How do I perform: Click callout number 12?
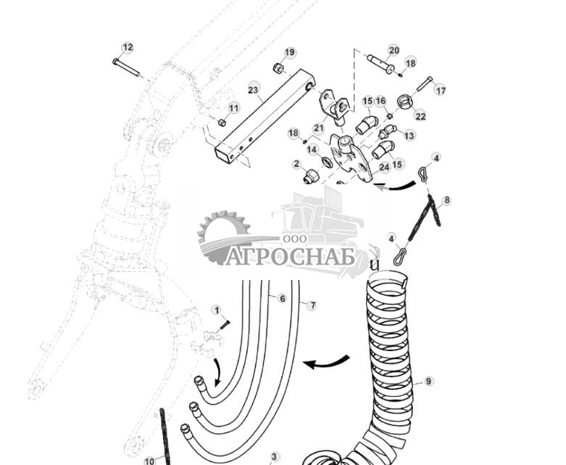pyautogui.click(x=128, y=48)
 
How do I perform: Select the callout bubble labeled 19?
pyautogui.click(x=290, y=52)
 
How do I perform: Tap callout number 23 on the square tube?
pyautogui.click(x=254, y=89)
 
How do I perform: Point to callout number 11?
pyautogui.click(x=233, y=108)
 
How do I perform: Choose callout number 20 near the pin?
pyautogui.click(x=394, y=50)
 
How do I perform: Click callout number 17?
pyautogui.click(x=440, y=91)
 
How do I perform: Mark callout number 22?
pyautogui.click(x=420, y=115)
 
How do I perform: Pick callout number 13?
pyautogui.click(x=409, y=136)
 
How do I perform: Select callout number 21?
pyautogui.click(x=318, y=128)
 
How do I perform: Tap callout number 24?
pyautogui.click(x=384, y=167)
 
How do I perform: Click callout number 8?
pyautogui.click(x=446, y=200)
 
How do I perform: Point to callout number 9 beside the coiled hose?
pyautogui.click(x=428, y=381)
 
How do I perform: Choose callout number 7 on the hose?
pyautogui.click(x=312, y=305)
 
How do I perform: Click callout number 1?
pyautogui.click(x=216, y=310)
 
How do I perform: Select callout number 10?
pyautogui.click(x=149, y=460)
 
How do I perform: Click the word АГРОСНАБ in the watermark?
pyautogui.click(x=291, y=258)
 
